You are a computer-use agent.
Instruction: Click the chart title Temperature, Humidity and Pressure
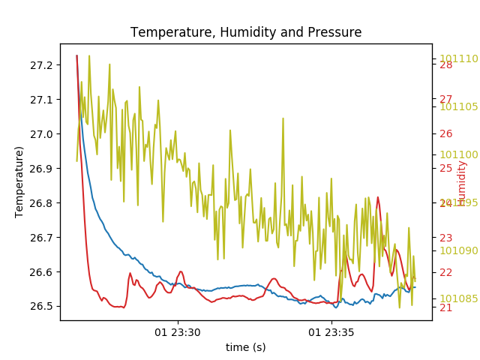pyautogui.click(x=246, y=33)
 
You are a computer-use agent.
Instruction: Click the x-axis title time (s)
pyautogui.click(x=246, y=347)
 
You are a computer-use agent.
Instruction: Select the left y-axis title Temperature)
pyautogui.click(x=19, y=181)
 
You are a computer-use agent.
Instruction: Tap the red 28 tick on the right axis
pyautogui.click(x=445, y=65)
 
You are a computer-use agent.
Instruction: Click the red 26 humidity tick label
pyautogui.click(x=445, y=134)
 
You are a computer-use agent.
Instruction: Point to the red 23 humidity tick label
pyautogui.click(x=445, y=238)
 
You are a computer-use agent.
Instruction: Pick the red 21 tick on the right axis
pyautogui.click(x=445, y=307)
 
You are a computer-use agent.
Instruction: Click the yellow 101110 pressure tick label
pyautogui.click(x=458, y=58)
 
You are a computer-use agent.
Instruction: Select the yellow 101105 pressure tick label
pyautogui.click(x=458, y=106)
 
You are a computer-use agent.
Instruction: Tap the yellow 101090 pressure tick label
pyautogui.click(x=458, y=250)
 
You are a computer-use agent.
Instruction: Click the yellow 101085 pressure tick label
pyautogui.click(x=458, y=298)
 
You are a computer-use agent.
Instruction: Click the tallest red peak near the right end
pyautogui.click(x=378, y=197)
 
